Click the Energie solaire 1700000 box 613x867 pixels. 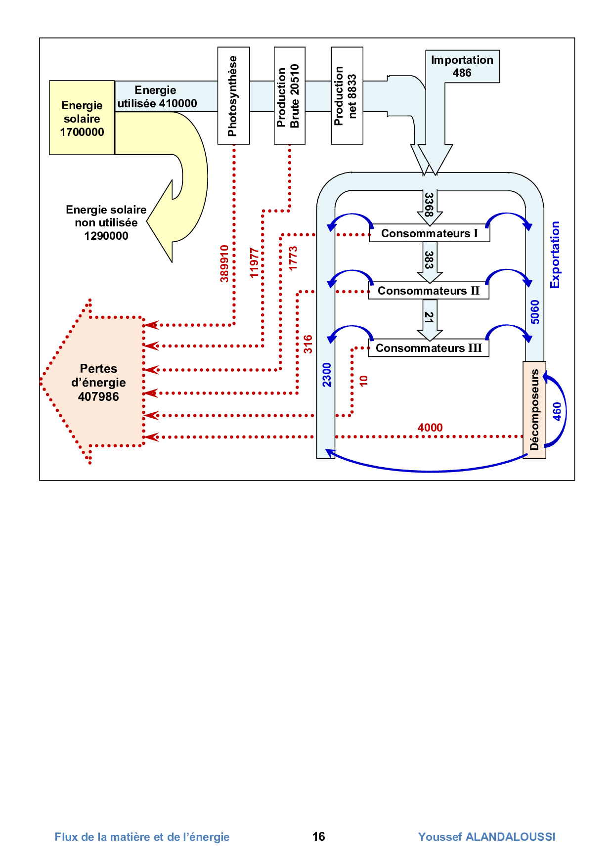coord(82,118)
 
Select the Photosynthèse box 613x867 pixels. coord(233,96)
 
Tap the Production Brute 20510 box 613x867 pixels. coord(289,96)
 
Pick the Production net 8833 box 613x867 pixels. coord(347,96)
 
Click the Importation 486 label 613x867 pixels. coord(462,66)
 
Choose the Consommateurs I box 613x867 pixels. coord(429,233)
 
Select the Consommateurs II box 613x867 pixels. coord(428,291)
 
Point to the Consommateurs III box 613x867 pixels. coord(428,348)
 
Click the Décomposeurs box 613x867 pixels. coord(534,410)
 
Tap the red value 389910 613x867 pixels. coord(224,263)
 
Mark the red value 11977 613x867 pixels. coord(254,263)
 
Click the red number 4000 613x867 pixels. coord(430,428)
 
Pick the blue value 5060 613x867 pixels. coord(535,312)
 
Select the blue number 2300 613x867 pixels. coord(327,375)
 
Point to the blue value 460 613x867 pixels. coord(557,411)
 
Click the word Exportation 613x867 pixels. coord(555,255)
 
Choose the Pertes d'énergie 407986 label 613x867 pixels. coord(98,383)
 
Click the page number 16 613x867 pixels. coord(319,836)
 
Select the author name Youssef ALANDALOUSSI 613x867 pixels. coord(486,837)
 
